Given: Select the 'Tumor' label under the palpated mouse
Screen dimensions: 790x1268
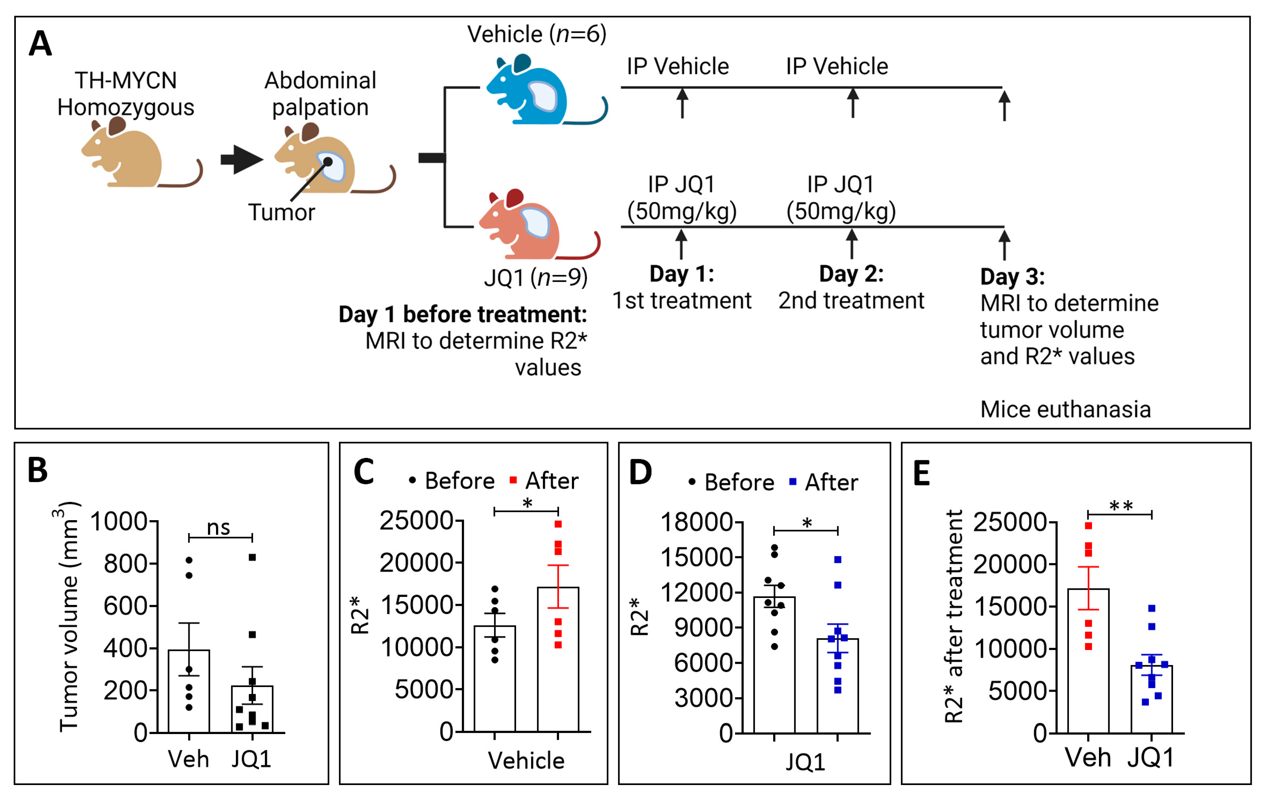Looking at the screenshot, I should [282, 213].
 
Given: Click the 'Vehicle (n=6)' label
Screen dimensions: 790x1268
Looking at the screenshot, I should [537, 34].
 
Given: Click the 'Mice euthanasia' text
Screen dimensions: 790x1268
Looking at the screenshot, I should [1065, 409].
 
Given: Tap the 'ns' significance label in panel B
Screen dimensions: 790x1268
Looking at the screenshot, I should [218, 528].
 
